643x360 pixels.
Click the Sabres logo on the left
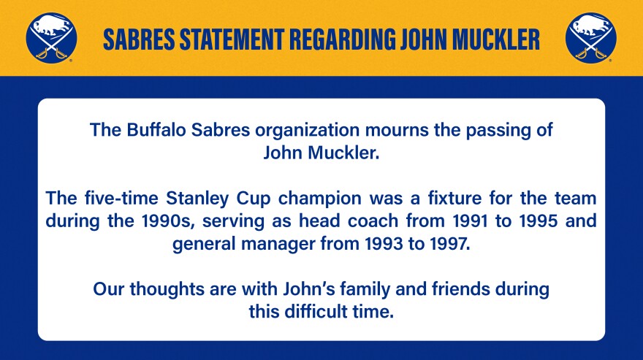point(51,38)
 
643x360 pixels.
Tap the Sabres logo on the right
point(591,38)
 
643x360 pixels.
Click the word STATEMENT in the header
point(232,39)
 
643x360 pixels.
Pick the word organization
point(307,131)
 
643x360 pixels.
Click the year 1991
point(470,221)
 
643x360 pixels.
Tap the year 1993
point(384,244)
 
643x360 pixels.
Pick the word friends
point(461,289)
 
